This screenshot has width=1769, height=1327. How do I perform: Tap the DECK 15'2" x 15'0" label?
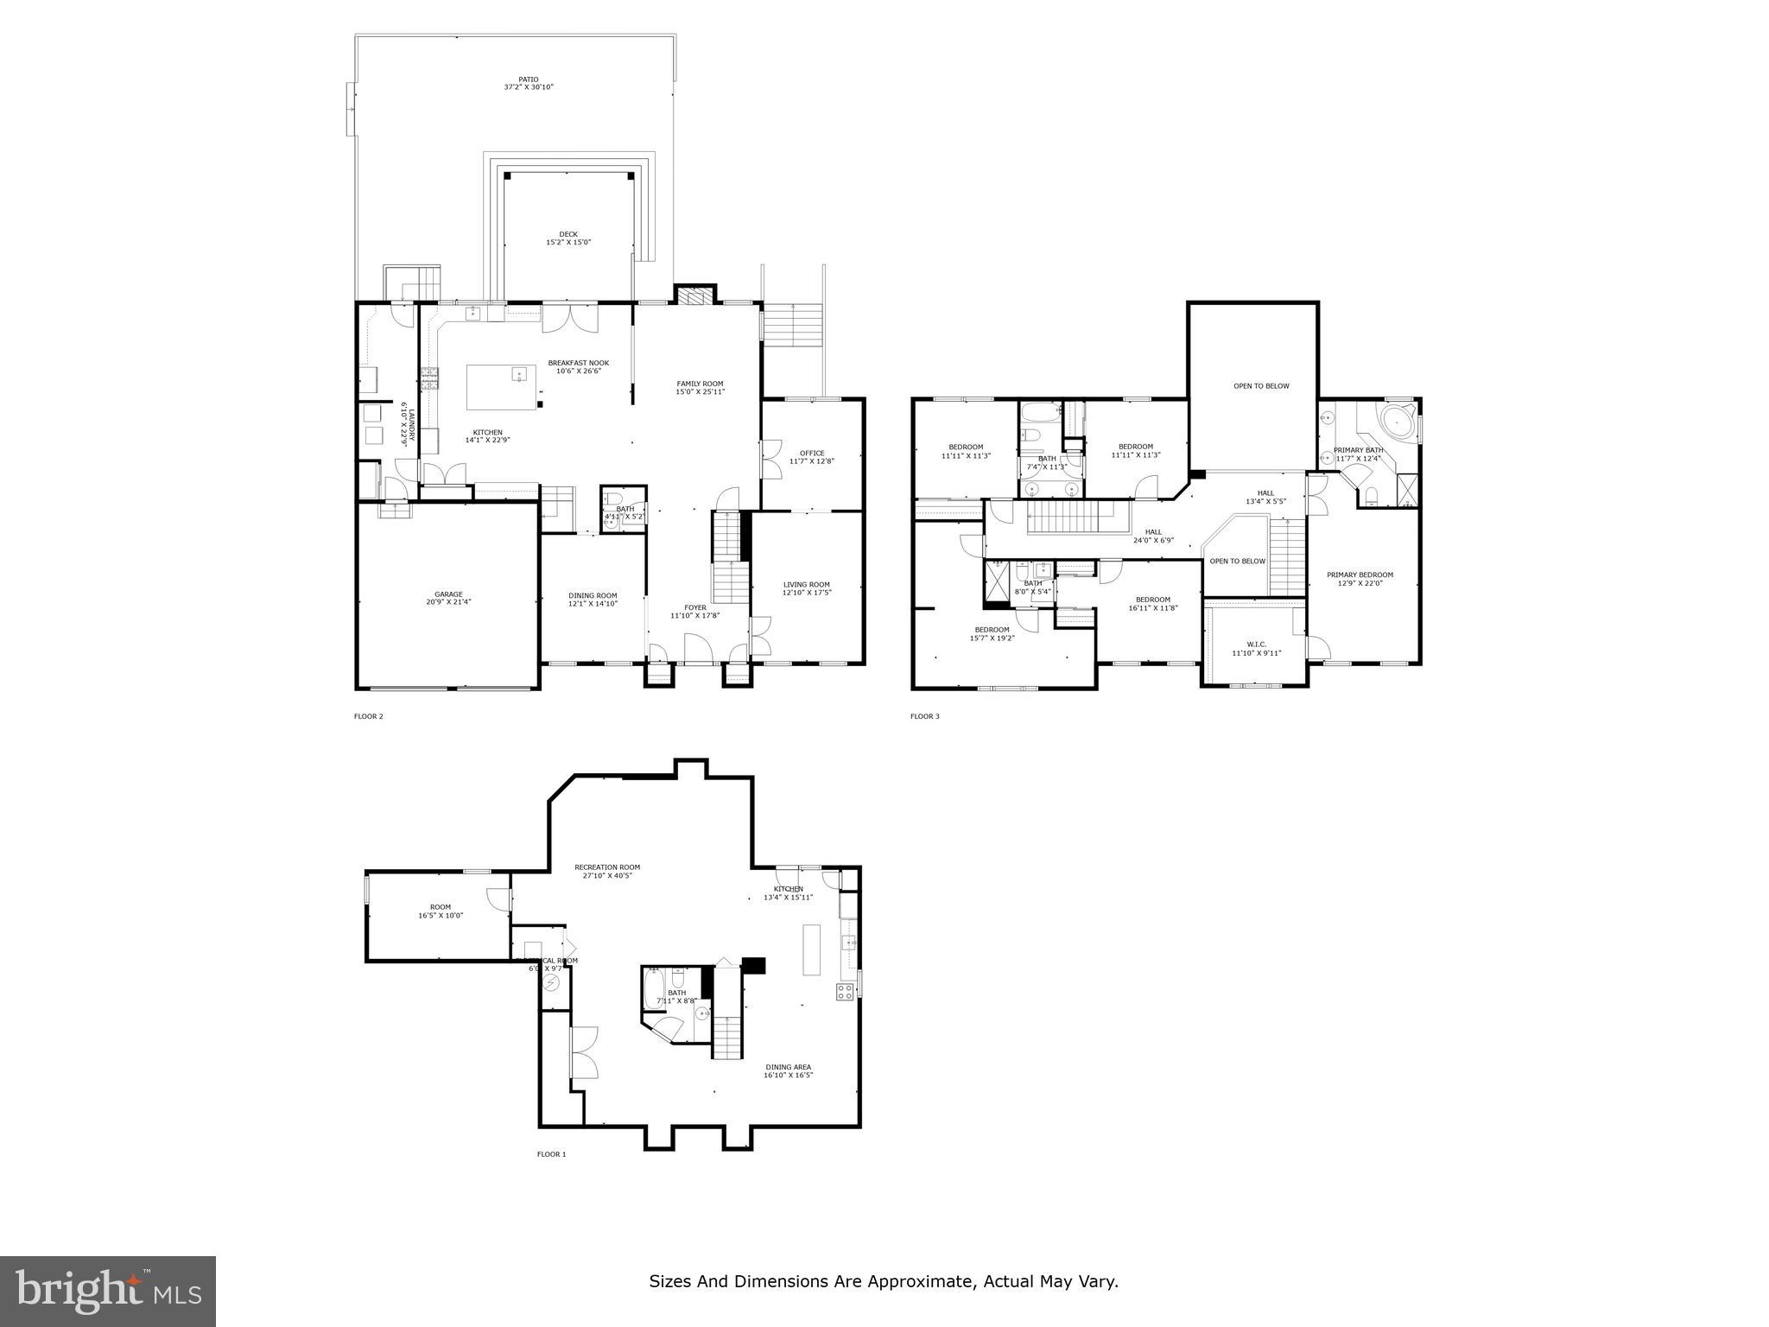(567, 238)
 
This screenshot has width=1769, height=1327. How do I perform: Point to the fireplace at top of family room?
(695, 296)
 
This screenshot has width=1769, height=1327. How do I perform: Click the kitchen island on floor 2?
(501, 387)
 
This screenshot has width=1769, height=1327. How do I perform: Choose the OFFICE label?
(811, 457)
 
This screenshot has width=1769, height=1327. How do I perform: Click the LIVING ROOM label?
(806, 588)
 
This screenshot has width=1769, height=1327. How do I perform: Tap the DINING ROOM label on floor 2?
(593, 599)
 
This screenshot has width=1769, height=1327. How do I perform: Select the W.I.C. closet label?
(1256, 648)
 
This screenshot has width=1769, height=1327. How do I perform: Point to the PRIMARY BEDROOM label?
(1360, 578)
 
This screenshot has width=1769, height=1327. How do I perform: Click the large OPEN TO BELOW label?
(1260, 386)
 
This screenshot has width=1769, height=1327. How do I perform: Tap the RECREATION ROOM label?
(607, 871)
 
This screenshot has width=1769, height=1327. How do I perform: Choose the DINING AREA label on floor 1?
(787, 1070)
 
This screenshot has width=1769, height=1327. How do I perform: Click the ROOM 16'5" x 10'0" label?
(441, 911)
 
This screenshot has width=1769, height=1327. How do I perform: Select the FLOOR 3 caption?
(924, 716)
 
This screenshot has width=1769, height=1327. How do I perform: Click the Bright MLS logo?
(108, 1290)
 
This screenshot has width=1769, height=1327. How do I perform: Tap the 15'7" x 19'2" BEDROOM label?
(992, 633)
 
